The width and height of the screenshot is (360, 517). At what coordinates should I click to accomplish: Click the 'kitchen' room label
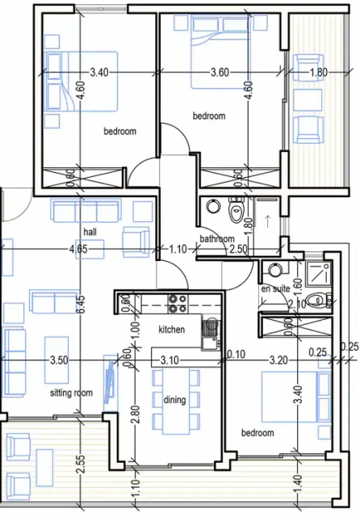[172, 330]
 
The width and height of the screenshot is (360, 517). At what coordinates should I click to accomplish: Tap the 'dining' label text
[174, 400]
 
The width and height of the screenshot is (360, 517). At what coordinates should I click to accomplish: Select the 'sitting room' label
[71, 393]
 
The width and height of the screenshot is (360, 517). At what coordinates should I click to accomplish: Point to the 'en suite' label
[275, 289]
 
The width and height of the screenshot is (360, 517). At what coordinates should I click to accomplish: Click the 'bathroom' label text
[217, 239]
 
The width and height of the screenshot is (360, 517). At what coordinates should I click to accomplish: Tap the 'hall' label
[90, 232]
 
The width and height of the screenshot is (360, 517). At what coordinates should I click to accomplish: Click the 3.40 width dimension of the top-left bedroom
[99, 72]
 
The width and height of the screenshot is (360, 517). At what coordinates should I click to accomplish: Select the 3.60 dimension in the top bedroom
[220, 72]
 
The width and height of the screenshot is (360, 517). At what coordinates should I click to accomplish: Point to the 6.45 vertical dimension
[82, 305]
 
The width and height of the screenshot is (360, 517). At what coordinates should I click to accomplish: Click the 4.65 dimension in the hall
[78, 249]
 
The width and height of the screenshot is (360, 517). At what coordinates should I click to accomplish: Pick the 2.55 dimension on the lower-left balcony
[82, 464]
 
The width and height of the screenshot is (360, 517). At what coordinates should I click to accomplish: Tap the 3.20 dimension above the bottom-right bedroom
[278, 360]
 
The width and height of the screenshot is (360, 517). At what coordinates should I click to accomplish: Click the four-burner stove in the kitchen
[178, 304]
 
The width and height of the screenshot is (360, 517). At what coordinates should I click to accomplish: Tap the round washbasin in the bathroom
[213, 206]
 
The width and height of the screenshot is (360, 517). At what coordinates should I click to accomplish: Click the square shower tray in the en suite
[318, 274]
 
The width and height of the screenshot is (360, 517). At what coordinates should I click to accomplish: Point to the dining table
[176, 401]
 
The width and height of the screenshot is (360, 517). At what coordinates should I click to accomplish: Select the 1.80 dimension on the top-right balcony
[319, 72]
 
